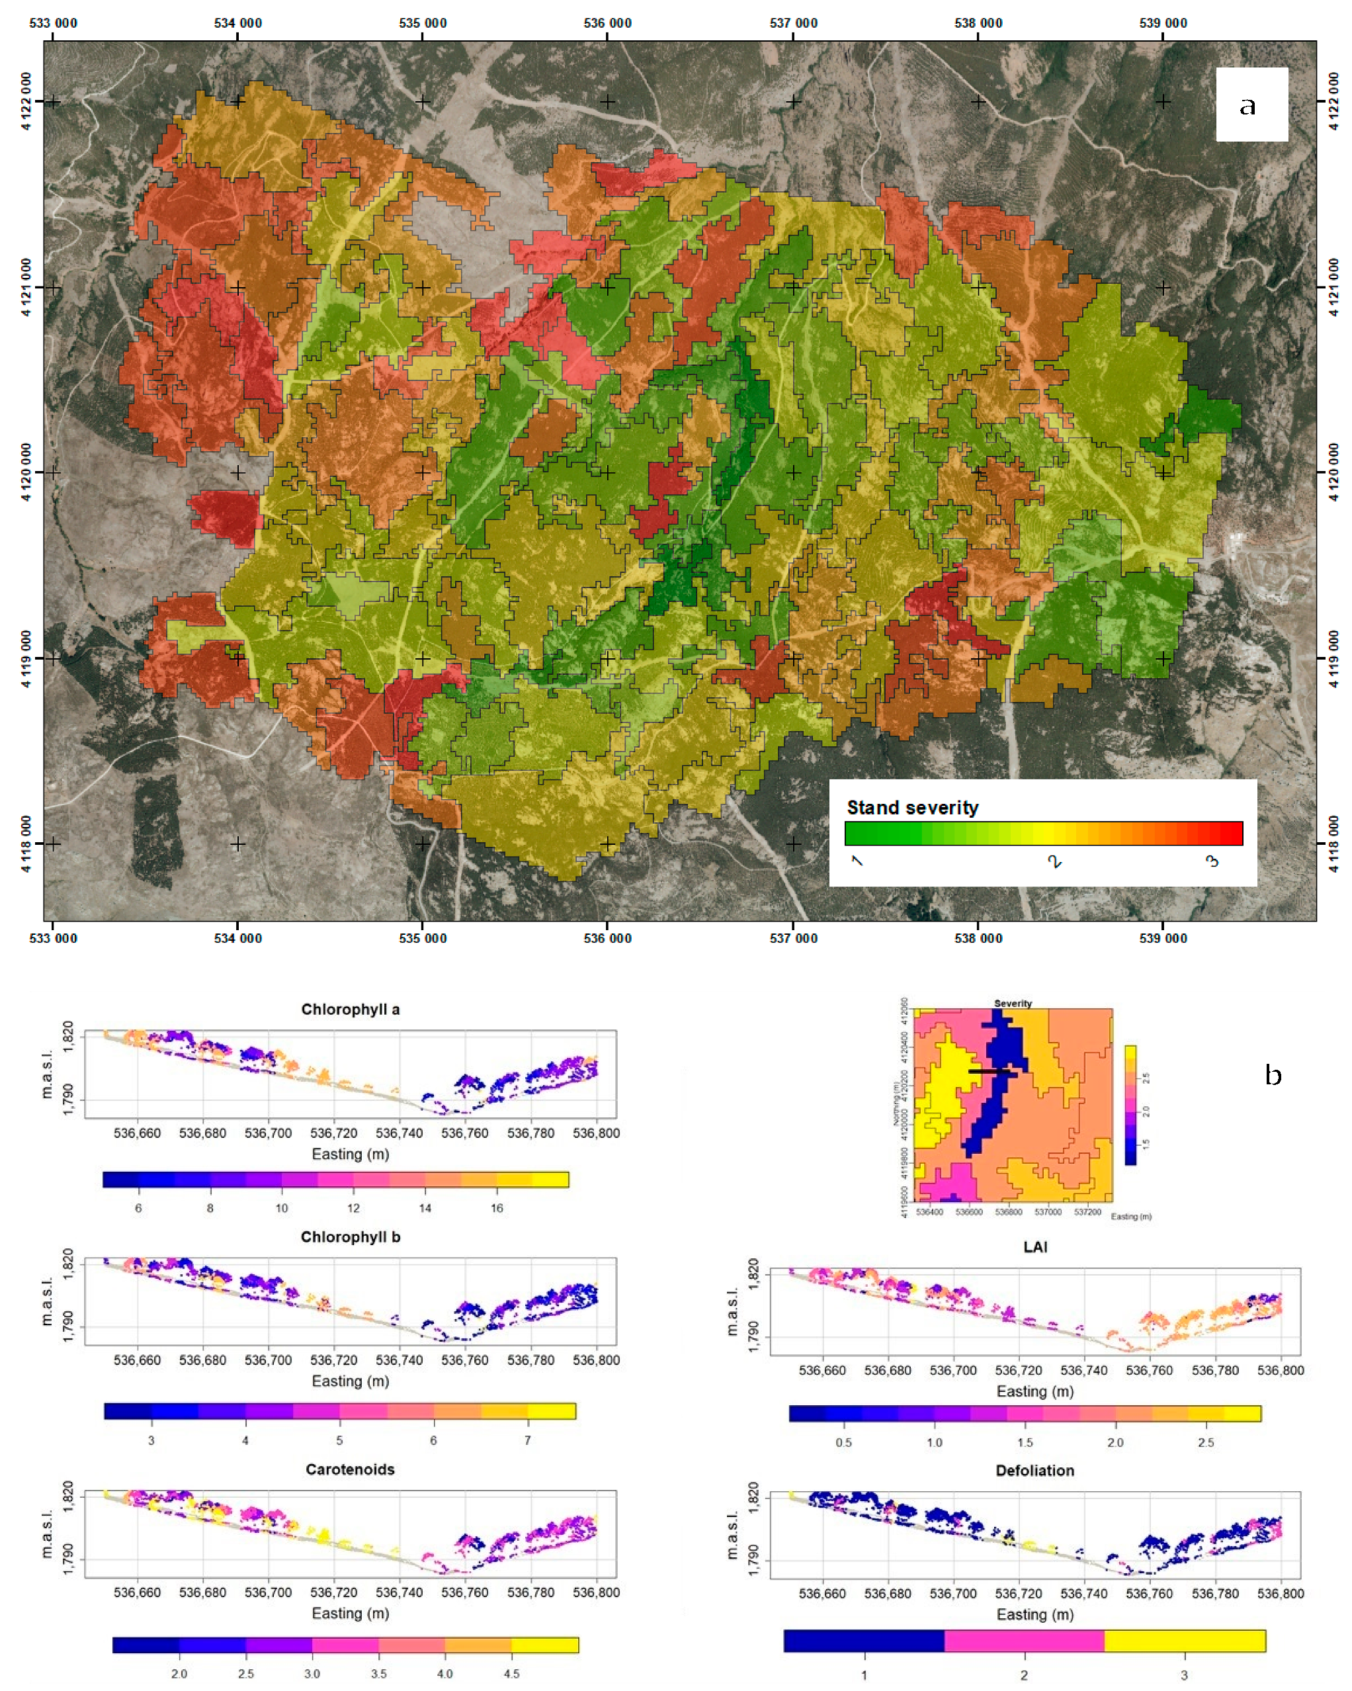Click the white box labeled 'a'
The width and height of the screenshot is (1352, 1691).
point(1251,105)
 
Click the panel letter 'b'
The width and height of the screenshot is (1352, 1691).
point(1273,1074)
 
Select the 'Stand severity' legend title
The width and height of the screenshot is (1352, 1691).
point(912,807)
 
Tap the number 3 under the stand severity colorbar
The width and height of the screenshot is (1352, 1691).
point(1212,861)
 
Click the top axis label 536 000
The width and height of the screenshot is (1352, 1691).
point(607,22)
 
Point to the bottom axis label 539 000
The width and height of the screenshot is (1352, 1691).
point(1162,938)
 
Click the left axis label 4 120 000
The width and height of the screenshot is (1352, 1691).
point(26,472)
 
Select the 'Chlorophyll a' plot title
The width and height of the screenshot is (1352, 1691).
point(350,1010)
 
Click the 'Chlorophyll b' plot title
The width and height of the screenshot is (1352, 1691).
point(350,1237)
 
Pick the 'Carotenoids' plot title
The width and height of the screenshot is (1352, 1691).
point(350,1469)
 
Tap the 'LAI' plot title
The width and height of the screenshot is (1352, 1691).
point(1035,1247)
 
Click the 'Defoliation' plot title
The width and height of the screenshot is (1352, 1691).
point(1035,1471)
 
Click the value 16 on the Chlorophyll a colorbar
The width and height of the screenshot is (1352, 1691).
point(496,1208)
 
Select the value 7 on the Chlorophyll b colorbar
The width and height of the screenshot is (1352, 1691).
point(527,1440)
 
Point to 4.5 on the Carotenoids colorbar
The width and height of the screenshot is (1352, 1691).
point(511,1673)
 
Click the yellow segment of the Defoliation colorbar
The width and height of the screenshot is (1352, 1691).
point(1184,1640)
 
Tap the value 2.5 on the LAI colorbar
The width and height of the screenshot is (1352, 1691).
point(1205,1442)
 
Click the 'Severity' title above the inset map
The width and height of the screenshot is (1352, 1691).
point(1013,1003)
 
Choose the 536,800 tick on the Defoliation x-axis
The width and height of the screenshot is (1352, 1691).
point(1280,1593)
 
